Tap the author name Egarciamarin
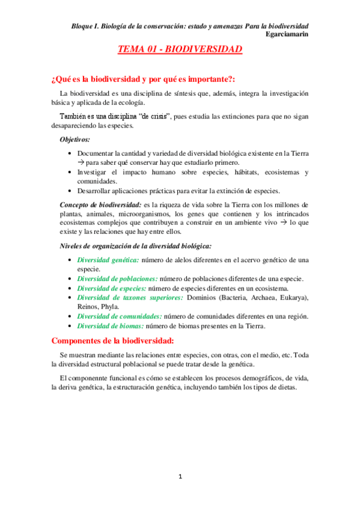point(287,34)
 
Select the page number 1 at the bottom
point(180,477)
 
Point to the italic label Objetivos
point(75,140)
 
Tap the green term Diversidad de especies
point(112,288)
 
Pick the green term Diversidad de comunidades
point(120,316)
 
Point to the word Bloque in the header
point(84,26)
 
